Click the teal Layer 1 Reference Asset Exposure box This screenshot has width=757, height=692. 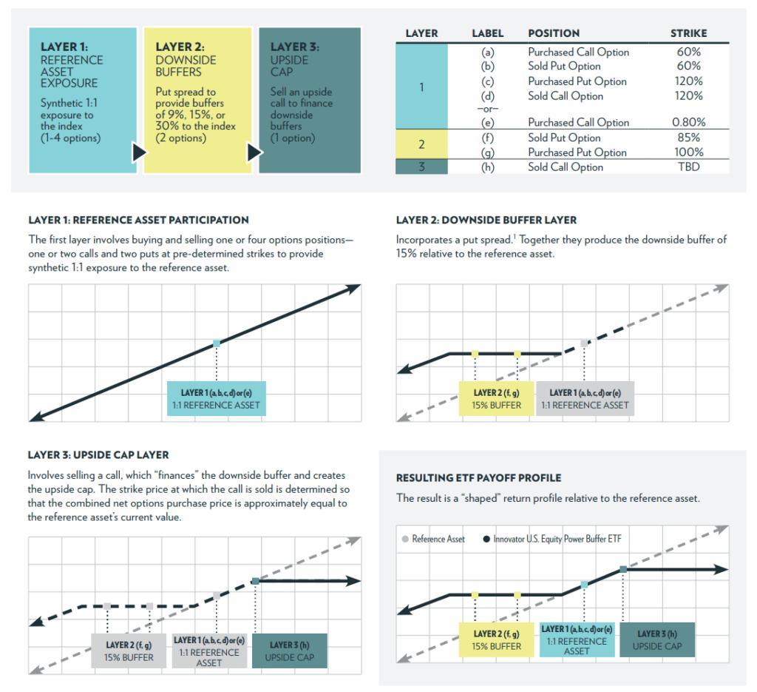tap(83, 101)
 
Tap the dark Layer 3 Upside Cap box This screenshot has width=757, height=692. tap(310, 101)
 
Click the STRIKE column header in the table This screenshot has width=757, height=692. tap(688, 33)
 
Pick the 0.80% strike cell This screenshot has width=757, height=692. tap(688, 123)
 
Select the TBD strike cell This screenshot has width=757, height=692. tap(688, 167)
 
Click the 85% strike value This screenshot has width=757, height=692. tap(688, 138)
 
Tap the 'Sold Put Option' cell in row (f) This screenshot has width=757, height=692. tap(564, 138)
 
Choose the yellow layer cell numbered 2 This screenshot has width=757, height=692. tap(421, 145)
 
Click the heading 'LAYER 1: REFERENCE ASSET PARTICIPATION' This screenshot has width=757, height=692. tap(138, 220)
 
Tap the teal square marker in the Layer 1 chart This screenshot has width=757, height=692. tap(217, 343)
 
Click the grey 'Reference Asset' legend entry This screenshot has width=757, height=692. tap(433, 539)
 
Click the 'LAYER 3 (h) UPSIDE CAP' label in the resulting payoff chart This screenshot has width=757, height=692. tap(657, 640)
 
